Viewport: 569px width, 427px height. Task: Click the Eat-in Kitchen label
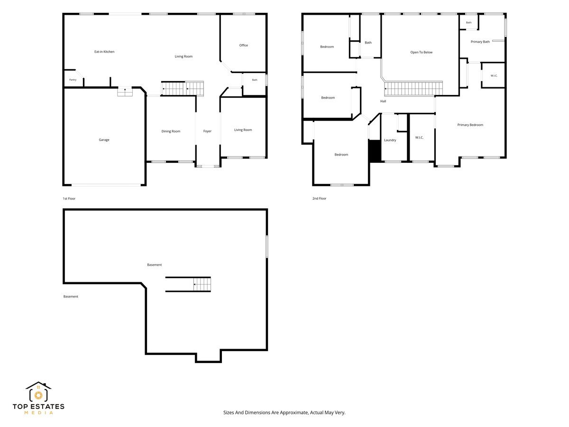(104, 52)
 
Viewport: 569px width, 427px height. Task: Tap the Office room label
(243, 45)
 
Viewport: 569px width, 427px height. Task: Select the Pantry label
(73, 80)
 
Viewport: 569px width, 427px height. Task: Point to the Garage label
(104, 140)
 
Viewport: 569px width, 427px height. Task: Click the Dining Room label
(171, 131)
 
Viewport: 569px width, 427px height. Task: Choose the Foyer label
(207, 131)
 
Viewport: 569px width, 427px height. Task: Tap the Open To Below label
(421, 52)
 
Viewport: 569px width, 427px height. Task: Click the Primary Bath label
(480, 42)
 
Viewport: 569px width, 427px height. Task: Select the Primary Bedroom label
(470, 125)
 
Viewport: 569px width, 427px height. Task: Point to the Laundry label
(390, 140)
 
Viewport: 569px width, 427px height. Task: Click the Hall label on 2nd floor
(383, 101)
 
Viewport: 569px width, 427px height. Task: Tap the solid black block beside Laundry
(375, 151)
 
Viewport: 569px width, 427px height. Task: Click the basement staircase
(202, 284)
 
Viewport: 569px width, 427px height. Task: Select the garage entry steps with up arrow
(125, 92)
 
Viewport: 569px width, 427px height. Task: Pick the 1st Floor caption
(69, 199)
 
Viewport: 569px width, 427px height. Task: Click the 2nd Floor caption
(319, 198)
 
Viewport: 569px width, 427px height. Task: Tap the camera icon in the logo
(38, 395)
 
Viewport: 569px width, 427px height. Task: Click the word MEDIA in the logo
(38, 413)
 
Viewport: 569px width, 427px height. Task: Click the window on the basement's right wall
(267, 247)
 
